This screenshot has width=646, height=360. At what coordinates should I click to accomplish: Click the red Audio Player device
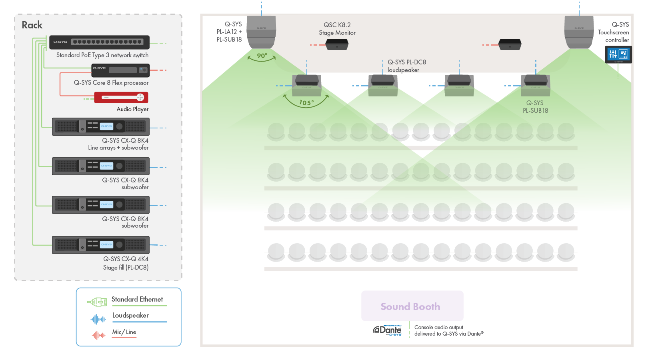point(121,97)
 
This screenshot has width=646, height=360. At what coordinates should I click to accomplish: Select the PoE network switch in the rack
point(99,42)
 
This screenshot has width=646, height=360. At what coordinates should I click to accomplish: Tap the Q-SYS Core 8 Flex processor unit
point(120,70)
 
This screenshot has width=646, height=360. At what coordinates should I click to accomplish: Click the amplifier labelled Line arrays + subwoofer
point(101,126)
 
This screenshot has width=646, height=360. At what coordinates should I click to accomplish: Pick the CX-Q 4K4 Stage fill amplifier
point(101,245)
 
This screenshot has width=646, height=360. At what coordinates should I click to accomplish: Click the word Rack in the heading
point(32,25)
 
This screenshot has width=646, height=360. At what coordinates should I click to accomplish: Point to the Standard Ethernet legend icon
point(97,302)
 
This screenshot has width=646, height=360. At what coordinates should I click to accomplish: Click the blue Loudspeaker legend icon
point(98,319)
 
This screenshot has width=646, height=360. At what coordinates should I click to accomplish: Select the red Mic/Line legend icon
point(98,335)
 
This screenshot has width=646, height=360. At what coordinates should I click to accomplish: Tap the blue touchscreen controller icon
point(618,54)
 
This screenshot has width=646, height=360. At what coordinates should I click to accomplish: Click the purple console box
point(412,306)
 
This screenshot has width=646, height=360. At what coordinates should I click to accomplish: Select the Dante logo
point(387,330)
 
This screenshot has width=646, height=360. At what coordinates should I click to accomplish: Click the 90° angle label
point(262,56)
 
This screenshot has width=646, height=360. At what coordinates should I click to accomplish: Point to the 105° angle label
point(306,103)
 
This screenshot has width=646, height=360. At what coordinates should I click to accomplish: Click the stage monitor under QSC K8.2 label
point(337,44)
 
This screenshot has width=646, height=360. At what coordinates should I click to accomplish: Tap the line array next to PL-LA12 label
point(261,32)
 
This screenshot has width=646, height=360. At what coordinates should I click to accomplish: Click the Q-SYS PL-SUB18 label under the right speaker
point(535,107)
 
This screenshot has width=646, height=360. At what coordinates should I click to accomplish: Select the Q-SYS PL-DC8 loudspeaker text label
point(406,66)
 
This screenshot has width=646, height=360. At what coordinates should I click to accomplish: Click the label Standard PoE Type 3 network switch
point(102,55)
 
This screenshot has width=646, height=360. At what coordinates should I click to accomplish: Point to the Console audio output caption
point(448,330)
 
